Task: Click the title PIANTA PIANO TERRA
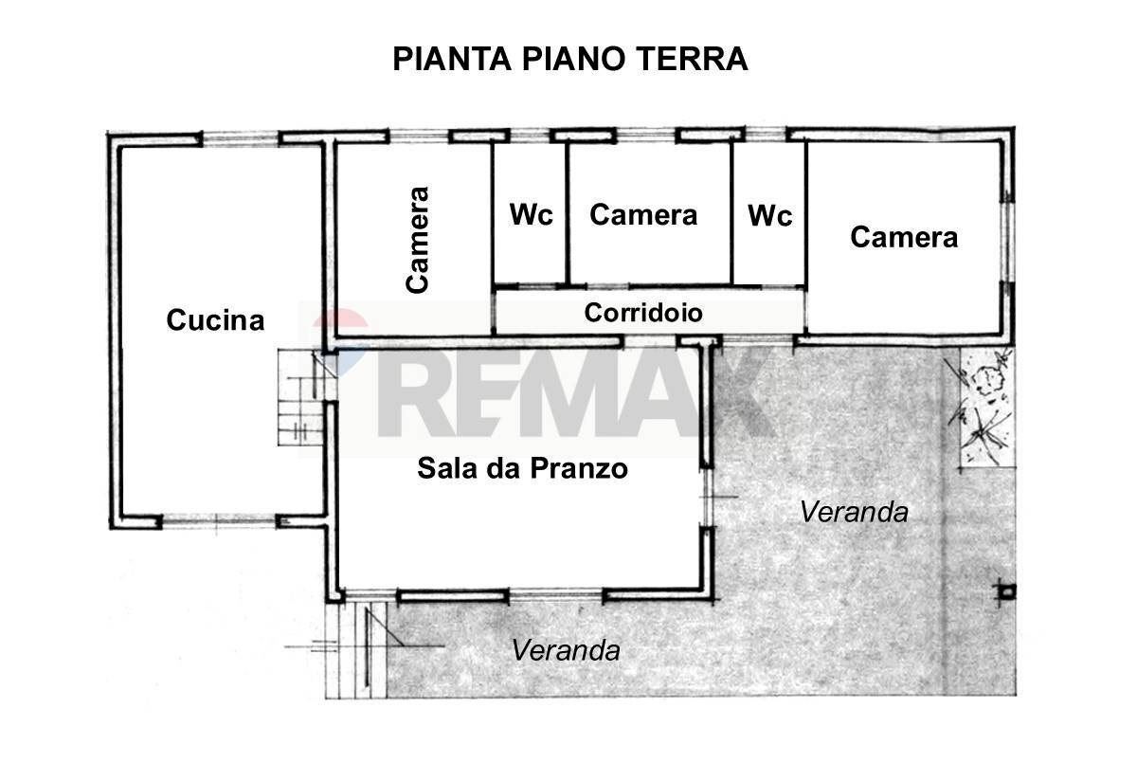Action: tap(569, 59)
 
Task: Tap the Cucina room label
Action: tap(215, 320)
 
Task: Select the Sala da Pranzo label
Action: tap(523, 468)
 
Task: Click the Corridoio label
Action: tap(643, 313)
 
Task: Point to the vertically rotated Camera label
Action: tap(418, 239)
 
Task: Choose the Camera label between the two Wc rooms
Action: tap(643, 215)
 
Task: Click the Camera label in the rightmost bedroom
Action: tap(903, 237)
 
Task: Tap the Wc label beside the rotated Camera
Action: tap(531, 215)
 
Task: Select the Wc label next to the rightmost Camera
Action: tap(769, 216)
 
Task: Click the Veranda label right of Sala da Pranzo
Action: tap(854, 512)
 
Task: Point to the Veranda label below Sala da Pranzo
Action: tap(566, 651)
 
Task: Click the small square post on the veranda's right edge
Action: tap(1006, 592)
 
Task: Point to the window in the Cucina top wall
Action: tap(242, 138)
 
